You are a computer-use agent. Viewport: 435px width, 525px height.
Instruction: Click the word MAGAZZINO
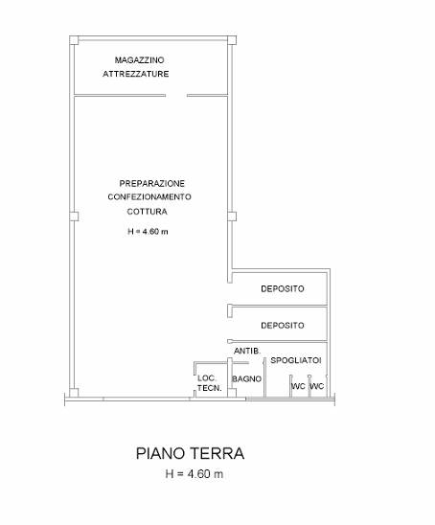coord(139,60)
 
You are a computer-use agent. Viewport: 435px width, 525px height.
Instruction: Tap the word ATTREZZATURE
coord(136,74)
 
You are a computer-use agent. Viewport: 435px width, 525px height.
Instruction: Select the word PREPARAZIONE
coord(152,184)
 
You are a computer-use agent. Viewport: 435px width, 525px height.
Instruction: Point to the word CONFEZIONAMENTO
coord(149,197)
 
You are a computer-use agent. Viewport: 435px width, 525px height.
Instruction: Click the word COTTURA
coord(147,212)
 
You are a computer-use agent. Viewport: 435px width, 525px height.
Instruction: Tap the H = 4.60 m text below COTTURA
coord(148,231)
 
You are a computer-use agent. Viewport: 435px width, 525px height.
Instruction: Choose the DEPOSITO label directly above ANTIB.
coord(283,326)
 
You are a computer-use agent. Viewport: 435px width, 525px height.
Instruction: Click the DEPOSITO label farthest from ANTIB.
coord(283,288)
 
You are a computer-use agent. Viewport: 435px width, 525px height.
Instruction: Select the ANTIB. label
coord(247,351)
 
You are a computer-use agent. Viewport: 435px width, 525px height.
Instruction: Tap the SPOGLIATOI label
coord(296,360)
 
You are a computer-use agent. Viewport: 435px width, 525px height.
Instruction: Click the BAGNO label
coord(246,379)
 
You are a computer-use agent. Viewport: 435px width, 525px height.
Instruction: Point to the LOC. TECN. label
coord(209,383)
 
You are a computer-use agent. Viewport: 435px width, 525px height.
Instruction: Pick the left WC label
coord(298,386)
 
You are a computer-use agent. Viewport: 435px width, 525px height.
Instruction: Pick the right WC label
coord(317,386)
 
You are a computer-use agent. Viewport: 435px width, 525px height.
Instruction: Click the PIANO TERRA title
coord(190,453)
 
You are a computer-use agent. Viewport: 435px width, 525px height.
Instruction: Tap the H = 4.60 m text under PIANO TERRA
coord(195,474)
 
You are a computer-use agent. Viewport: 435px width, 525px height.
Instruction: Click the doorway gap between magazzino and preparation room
coord(176,96)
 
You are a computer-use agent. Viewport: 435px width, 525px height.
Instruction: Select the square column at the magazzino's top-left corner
coord(74,40)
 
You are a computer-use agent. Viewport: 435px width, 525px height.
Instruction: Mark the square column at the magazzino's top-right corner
coord(232,40)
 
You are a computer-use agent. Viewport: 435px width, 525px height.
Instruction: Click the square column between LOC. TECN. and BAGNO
coord(232,393)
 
